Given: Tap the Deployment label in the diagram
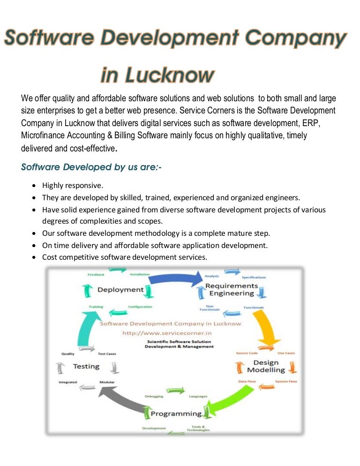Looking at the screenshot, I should point(120,290).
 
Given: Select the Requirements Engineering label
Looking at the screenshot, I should point(232,289).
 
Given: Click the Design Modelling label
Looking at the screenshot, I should point(266,366).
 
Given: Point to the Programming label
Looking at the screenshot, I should point(176,413).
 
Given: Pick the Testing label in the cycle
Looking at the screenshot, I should point(86,366).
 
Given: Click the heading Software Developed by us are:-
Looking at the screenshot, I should point(91,167).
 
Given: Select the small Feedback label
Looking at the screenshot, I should point(96,274).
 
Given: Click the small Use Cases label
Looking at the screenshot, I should point(286,353).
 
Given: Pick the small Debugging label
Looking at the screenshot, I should point(154,396).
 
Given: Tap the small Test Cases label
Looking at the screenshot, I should point(108,353).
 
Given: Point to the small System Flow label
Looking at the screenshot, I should point(286,382).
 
